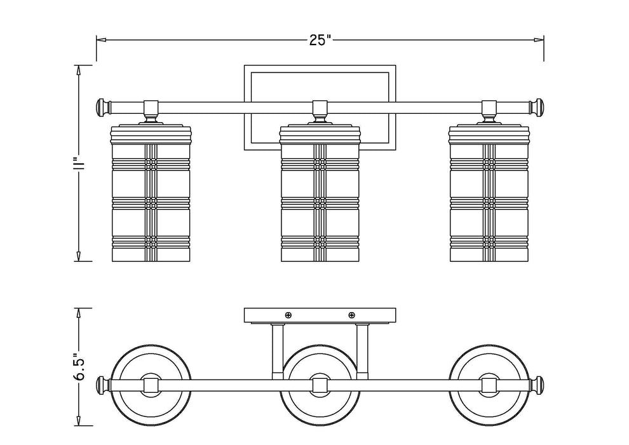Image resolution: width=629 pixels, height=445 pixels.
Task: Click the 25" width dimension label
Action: [321, 40]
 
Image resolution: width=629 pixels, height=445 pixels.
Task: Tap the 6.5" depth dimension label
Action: [79, 367]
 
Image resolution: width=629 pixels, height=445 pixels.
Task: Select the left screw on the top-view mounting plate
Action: [288, 315]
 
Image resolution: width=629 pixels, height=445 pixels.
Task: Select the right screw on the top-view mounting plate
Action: [352, 315]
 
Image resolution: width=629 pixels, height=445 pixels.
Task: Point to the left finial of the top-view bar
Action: [100, 385]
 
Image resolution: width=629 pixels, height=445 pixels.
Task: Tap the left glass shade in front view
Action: [151, 194]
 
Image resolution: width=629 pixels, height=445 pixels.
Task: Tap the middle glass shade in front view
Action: [320, 194]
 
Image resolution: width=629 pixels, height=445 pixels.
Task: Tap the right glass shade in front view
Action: [489, 194]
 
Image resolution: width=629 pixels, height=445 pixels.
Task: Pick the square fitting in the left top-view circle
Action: [151, 385]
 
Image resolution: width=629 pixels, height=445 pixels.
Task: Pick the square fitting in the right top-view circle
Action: [489, 385]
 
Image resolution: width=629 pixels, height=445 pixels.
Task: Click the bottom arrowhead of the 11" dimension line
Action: [79, 256]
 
